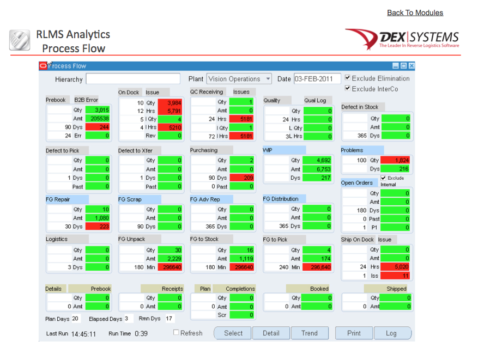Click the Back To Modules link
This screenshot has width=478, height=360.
(415, 13)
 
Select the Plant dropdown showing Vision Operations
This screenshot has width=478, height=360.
(239, 79)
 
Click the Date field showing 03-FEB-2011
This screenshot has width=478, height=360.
(317, 79)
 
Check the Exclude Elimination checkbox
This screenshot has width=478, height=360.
(348, 78)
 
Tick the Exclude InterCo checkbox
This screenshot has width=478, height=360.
(348, 88)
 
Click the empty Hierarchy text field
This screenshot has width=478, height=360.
(132, 79)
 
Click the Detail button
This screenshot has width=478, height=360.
(271, 333)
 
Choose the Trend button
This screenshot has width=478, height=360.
(309, 333)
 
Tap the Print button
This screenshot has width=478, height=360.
(354, 333)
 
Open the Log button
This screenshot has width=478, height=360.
(391, 333)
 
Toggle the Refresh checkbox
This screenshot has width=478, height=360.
(176, 333)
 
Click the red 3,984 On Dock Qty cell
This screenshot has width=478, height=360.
(170, 102)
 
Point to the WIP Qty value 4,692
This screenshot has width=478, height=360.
(317, 160)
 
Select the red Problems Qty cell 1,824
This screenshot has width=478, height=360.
(395, 160)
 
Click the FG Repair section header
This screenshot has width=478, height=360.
(58, 199)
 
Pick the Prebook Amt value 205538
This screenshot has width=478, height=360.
(97, 118)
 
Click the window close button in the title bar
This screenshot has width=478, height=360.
(412, 66)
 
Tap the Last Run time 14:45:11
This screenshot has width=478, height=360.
(83, 333)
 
